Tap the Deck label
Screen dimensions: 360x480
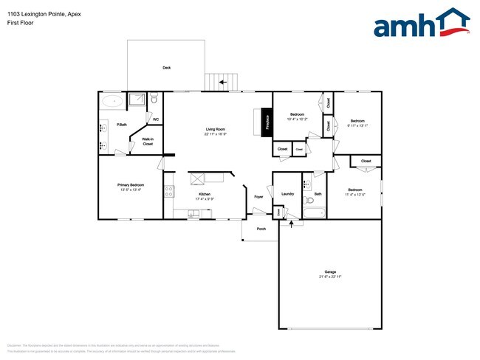pyautogui.click(x=167, y=68)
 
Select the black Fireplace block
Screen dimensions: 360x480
pyautogui.click(x=267, y=122)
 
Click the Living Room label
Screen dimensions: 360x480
pyautogui.click(x=216, y=129)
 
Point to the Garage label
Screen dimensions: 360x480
pyautogui.click(x=330, y=271)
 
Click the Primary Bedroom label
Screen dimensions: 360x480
pyautogui.click(x=130, y=184)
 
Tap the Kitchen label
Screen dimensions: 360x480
pyautogui.click(x=204, y=194)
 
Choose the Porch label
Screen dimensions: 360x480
pyautogui.click(x=261, y=229)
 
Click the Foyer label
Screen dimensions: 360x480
pyautogui.click(x=259, y=196)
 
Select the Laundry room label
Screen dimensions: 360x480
pyautogui.click(x=288, y=194)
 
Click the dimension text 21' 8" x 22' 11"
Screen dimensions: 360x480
pyautogui.click(x=330, y=277)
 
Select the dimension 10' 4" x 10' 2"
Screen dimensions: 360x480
pyautogui.click(x=298, y=119)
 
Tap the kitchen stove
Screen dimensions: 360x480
pyautogui.click(x=168, y=192)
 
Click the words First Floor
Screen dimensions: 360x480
pyautogui.click(x=20, y=23)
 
